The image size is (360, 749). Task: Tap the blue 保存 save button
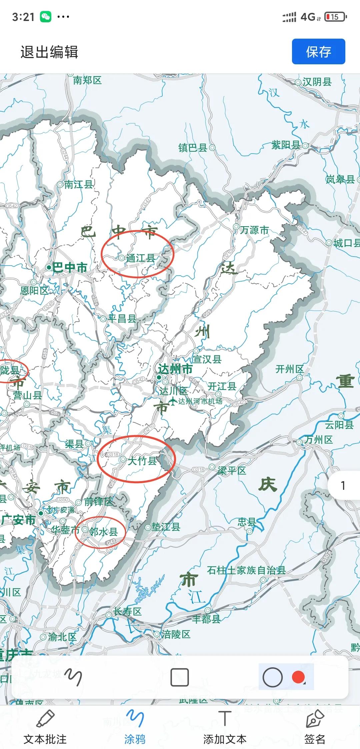coord(318,52)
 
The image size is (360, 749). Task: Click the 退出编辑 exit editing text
coord(49,52)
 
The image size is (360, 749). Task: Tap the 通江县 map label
coord(141,258)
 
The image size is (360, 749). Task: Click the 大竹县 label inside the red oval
coord(142,461)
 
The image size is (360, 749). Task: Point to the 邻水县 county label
coord(104,532)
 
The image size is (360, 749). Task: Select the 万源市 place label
coord(254,230)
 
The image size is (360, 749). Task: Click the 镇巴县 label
coord(193,148)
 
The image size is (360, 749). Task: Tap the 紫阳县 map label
coord(286,145)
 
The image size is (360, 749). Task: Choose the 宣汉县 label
coord(207,359)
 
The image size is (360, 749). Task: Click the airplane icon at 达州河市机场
coord(173,401)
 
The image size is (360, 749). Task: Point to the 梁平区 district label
coord(232,470)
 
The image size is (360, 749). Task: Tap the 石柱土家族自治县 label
coord(246,570)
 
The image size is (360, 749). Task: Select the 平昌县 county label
coord(122,319)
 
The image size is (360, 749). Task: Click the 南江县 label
coord(78,185)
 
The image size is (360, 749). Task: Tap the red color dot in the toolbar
coord(298,677)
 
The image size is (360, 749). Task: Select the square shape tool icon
coord(180,677)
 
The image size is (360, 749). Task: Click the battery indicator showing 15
coord(336,17)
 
